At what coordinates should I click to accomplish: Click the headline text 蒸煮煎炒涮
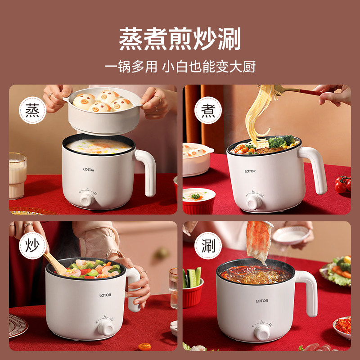180,39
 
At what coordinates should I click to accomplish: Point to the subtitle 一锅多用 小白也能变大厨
180,67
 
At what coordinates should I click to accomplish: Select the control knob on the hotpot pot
261,332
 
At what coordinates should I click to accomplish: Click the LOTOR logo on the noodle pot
250,171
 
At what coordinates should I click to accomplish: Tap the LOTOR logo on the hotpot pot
262,301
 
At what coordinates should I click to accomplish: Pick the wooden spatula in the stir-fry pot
54,263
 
